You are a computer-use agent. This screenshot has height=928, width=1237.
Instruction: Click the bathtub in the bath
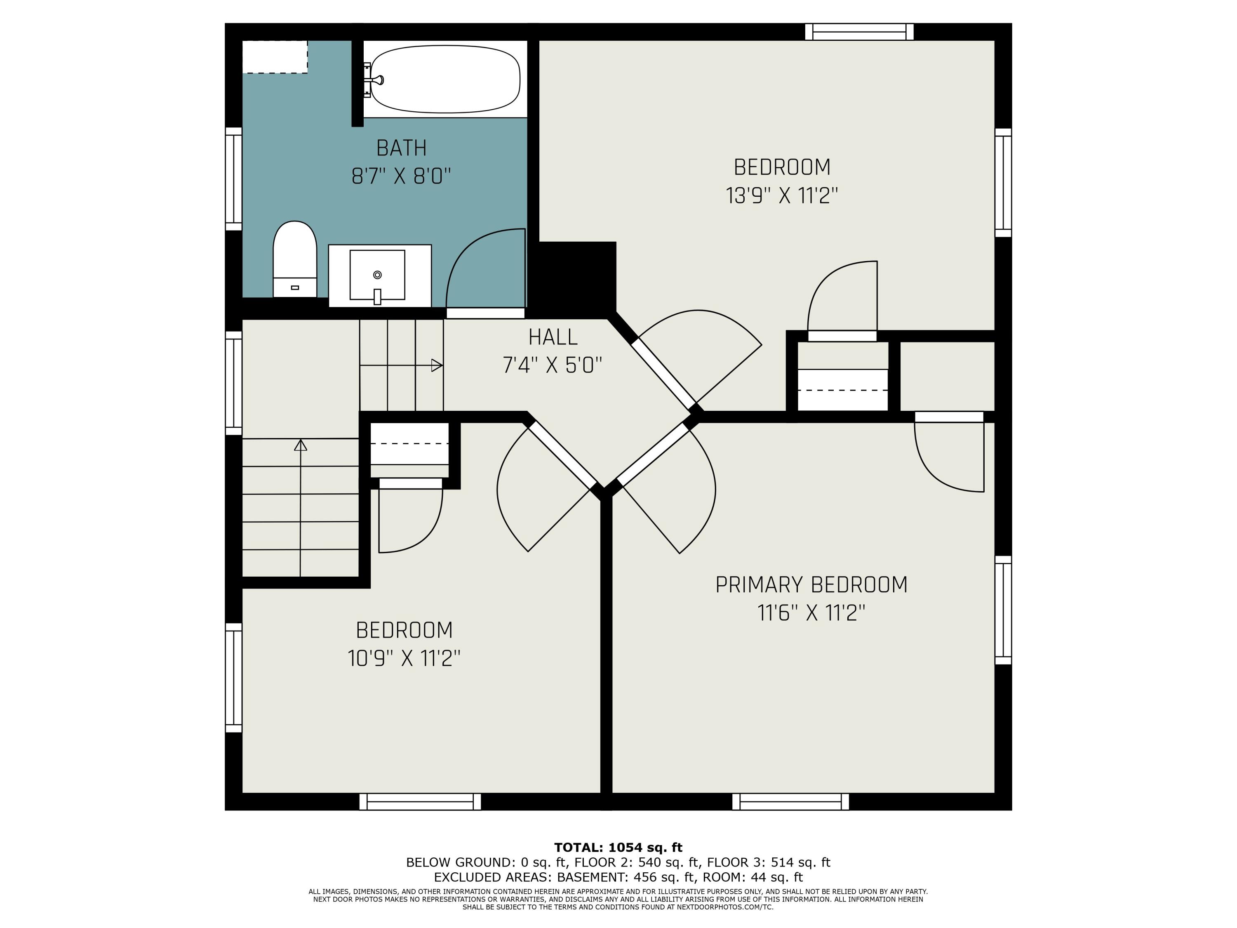(445, 79)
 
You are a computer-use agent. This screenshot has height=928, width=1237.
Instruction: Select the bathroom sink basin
(377, 275)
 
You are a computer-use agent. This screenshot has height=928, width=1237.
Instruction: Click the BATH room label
(402, 148)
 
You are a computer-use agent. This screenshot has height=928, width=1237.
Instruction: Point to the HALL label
(553, 337)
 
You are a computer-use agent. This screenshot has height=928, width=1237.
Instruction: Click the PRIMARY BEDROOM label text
(811, 584)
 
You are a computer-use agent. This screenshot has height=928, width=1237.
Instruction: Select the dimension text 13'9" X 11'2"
(782, 196)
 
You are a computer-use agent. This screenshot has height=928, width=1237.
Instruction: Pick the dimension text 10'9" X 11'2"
(404, 658)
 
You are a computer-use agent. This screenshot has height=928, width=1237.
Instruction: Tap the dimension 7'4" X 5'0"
(553, 366)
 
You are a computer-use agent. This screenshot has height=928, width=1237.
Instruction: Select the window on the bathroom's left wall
(234, 179)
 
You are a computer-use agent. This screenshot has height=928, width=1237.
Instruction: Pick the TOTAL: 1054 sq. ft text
(618, 848)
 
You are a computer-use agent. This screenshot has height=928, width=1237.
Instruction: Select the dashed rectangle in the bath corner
(275, 57)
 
